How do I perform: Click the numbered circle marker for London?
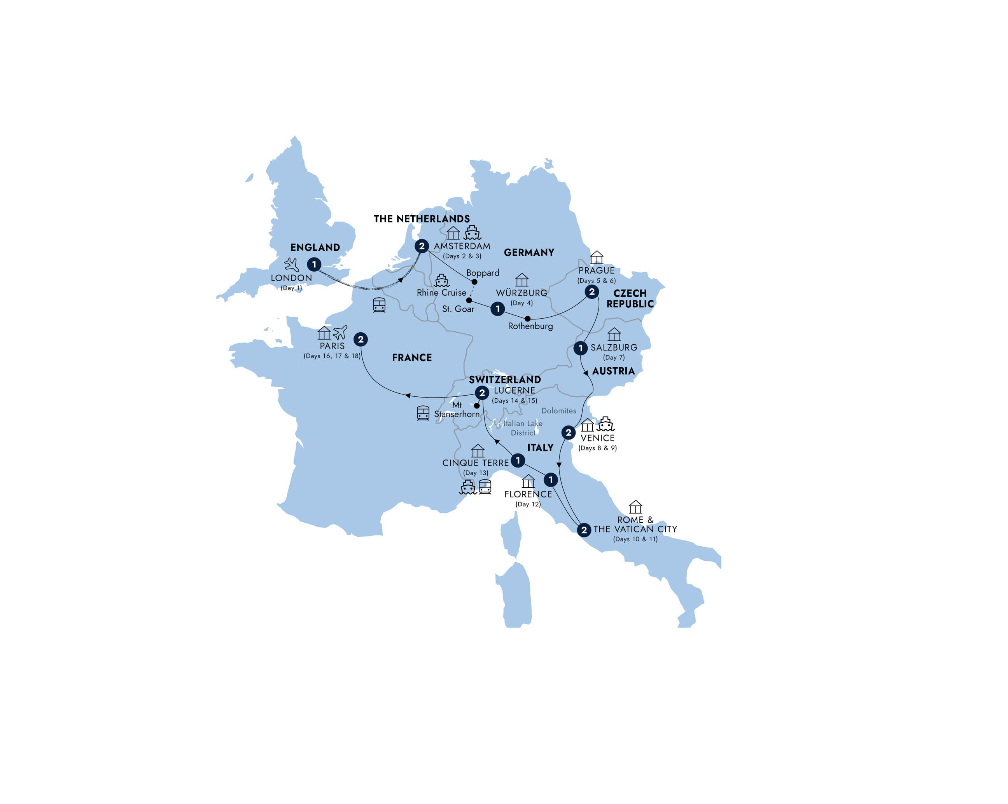point(314,264)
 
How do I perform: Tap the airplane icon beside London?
point(292,264)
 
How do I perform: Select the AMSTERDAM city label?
point(462,246)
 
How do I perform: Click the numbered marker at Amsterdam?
point(422,246)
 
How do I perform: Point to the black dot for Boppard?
point(474,282)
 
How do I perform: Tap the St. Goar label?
point(458,309)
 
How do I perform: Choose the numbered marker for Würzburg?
point(497,309)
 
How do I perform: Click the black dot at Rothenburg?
point(527,319)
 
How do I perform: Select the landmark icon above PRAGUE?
point(597,257)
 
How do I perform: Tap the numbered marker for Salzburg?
point(580,348)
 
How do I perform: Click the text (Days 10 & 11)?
point(635,539)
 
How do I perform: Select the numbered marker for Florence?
point(551,480)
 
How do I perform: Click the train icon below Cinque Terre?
point(485,487)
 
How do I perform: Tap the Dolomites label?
point(559,411)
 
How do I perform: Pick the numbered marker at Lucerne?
point(482,393)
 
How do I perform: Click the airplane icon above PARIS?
point(340,332)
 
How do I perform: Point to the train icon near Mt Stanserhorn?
point(423,413)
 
